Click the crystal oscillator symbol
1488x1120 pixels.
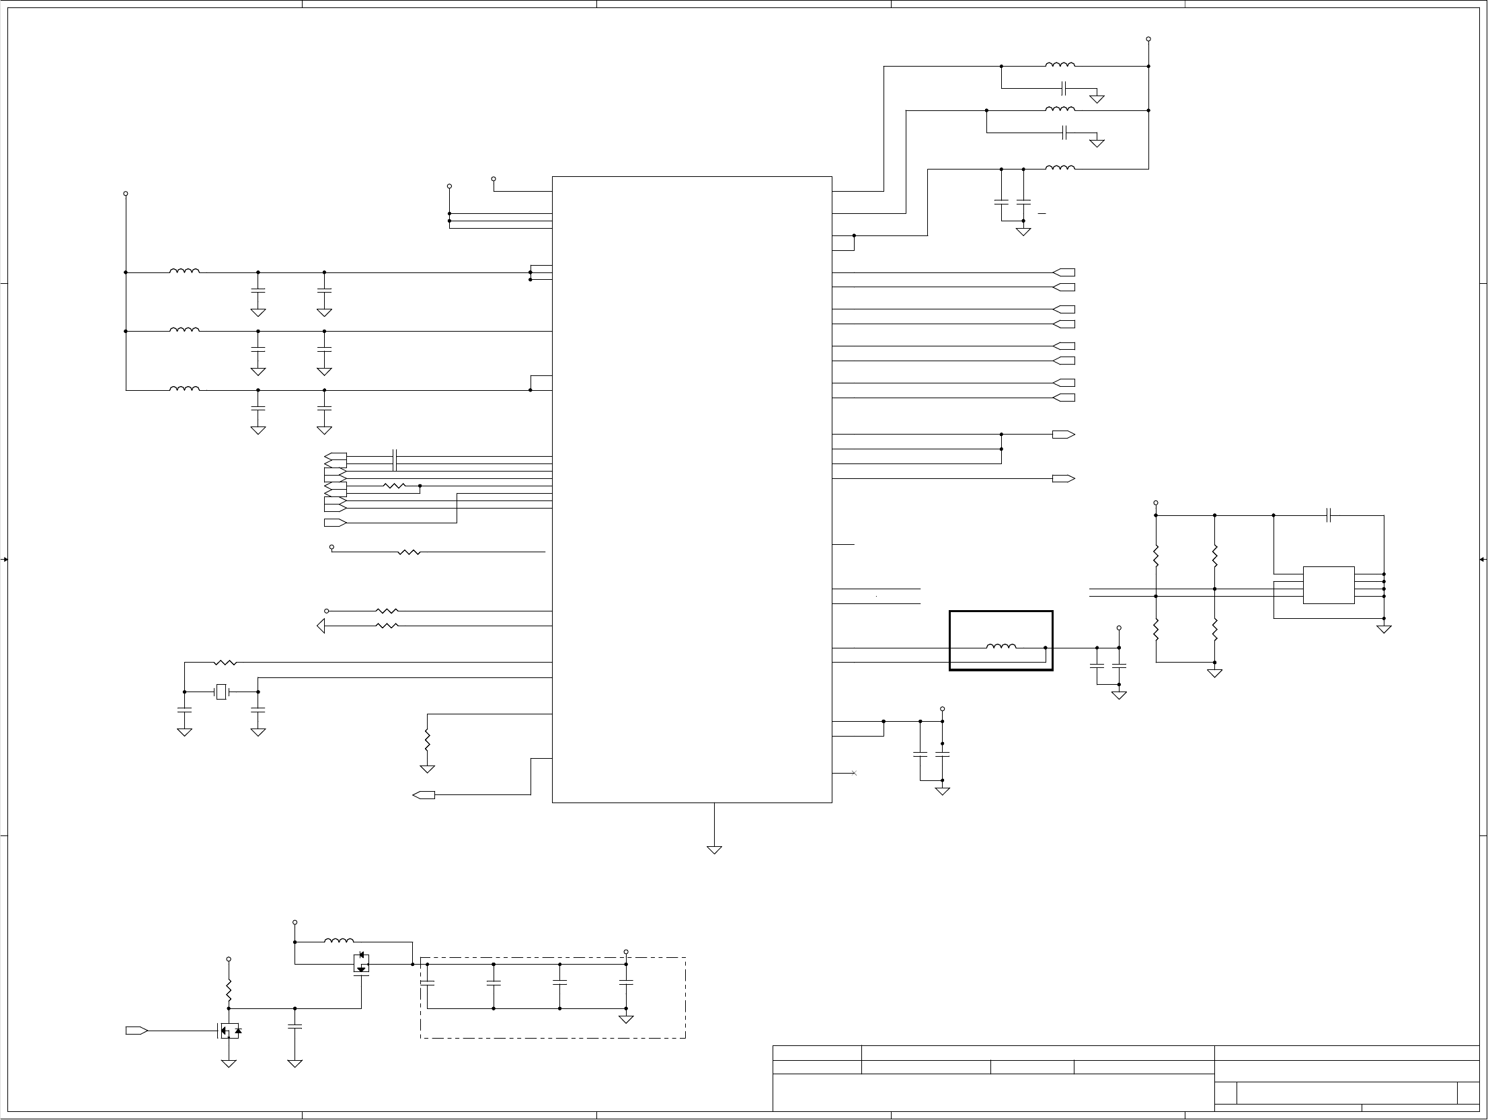pyautogui.click(x=221, y=692)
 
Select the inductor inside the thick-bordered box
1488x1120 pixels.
pyautogui.click(x=1001, y=647)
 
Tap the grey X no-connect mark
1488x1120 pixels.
pyautogui.click(x=855, y=773)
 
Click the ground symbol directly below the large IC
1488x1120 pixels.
pyautogui.click(x=714, y=850)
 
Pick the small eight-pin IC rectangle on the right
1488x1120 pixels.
pyautogui.click(x=1329, y=585)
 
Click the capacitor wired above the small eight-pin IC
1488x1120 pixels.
pyautogui.click(x=1329, y=515)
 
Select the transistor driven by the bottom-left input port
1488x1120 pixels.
pyautogui.click(x=229, y=1031)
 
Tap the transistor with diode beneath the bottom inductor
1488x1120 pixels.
pyautogui.click(x=361, y=963)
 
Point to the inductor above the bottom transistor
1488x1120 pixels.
pyautogui.click(x=339, y=941)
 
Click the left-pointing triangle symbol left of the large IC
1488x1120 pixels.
pyautogui.click(x=321, y=626)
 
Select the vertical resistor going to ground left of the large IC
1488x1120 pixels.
pyautogui.click(x=427, y=741)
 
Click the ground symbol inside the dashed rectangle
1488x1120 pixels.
pyautogui.click(x=625, y=1019)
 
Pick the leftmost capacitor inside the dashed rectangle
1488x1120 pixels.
pyautogui.click(x=427, y=983)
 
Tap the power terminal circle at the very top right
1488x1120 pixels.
pyautogui.click(x=1148, y=39)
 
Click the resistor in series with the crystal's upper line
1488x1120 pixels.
pyautogui.click(x=225, y=663)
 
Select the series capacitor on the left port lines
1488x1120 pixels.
pyautogui.click(x=395, y=459)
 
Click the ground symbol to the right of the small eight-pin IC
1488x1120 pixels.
pyautogui.click(x=1384, y=630)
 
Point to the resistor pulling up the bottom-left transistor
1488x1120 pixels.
pyautogui.click(x=229, y=990)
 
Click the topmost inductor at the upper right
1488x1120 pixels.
pyautogui.click(x=1060, y=65)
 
